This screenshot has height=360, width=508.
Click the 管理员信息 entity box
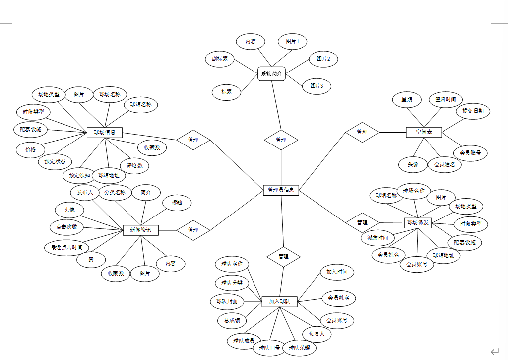(x=281, y=190)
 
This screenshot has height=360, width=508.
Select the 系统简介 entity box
(x=271, y=74)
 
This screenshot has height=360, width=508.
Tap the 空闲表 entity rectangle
(x=424, y=132)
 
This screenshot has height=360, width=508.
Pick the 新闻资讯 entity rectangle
(x=143, y=230)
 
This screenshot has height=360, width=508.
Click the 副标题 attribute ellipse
(x=220, y=59)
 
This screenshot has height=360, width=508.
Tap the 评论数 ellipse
(x=134, y=165)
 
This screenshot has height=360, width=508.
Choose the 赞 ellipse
(x=91, y=259)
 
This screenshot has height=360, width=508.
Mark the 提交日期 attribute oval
(x=473, y=111)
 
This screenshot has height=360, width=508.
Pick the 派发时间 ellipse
(x=378, y=238)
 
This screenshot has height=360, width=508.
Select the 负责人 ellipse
(x=317, y=334)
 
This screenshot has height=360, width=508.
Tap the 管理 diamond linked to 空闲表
(x=362, y=132)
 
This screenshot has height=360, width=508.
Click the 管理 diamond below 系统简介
(x=281, y=140)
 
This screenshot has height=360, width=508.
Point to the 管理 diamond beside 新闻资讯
(x=193, y=230)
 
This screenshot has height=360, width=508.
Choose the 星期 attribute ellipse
(x=407, y=99)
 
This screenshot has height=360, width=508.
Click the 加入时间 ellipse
(x=337, y=272)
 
